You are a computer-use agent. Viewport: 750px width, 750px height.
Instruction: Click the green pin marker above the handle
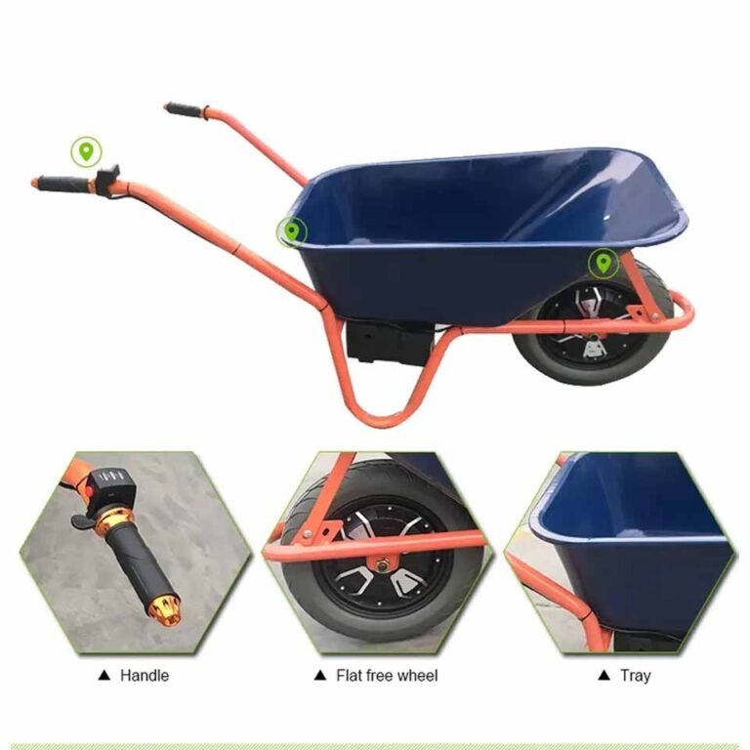86,151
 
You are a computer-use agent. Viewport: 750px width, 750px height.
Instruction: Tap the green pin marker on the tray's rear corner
291,231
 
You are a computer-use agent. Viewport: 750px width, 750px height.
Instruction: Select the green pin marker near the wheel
604,263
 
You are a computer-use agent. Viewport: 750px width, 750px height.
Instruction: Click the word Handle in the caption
145,675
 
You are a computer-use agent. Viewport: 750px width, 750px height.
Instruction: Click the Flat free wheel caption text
387,675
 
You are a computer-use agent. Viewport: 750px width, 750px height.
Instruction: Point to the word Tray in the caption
634,675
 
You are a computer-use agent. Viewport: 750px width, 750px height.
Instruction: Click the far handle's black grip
184,109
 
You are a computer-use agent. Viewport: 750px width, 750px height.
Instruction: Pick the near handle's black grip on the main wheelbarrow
63,183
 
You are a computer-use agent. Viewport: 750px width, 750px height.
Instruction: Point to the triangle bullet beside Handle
104,675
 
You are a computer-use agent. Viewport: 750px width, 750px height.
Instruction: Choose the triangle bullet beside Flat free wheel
318,675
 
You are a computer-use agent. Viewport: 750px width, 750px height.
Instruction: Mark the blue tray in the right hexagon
645,547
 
